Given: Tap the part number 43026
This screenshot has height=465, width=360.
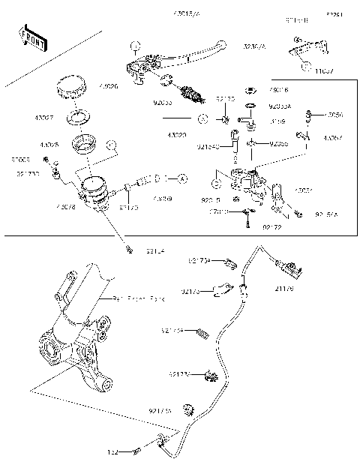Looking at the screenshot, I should click(x=109, y=87).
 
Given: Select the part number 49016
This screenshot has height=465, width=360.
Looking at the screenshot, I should click(x=279, y=89).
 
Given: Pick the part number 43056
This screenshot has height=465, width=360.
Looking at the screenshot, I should click(x=334, y=115).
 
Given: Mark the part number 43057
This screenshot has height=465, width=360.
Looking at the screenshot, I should click(x=334, y=138).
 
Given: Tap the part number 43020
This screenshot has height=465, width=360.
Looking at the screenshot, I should click(x=177, y=136).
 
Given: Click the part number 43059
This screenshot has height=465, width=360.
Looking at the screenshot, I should click(x=162, y=199).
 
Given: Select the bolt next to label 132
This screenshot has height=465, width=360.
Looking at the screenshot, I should click(x=136, y=451).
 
